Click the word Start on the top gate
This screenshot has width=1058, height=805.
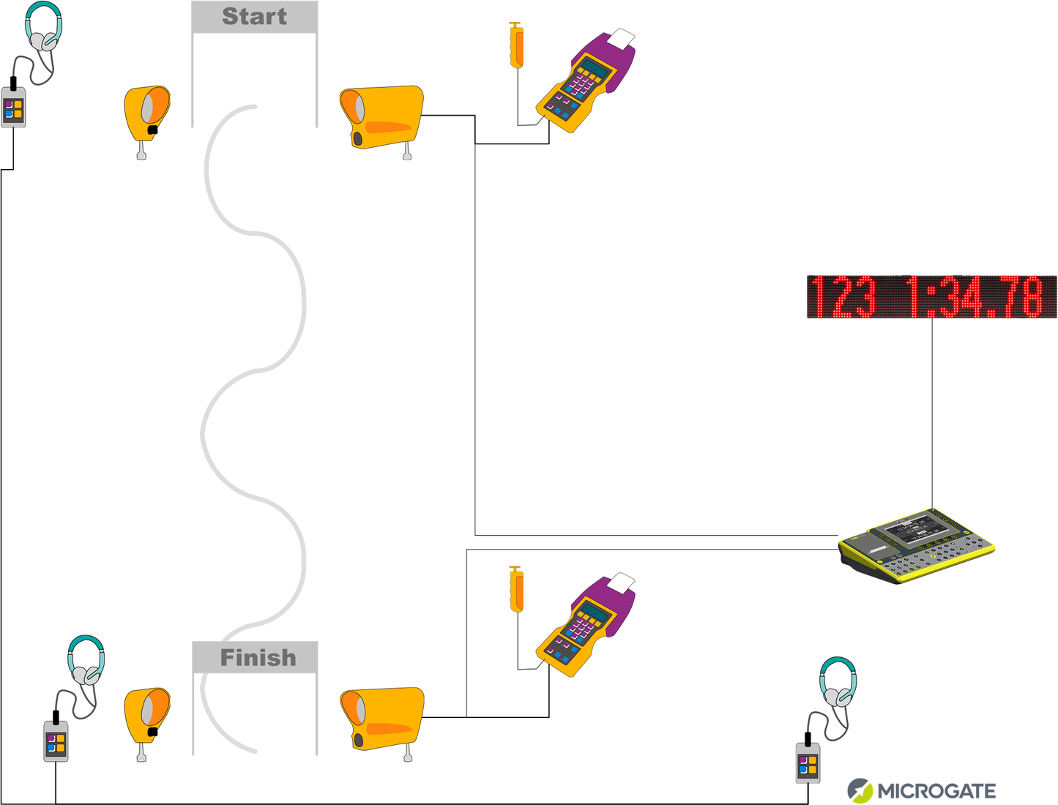254,16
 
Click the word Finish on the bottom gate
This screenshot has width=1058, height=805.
258,657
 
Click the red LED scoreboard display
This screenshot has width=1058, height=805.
931,297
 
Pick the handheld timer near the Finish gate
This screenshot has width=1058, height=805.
586,626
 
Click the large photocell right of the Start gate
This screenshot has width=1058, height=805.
381,118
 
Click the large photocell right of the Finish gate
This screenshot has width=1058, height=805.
381,719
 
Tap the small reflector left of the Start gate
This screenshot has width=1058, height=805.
146,113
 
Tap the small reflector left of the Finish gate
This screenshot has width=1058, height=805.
146,715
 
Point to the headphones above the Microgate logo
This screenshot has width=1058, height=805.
838,681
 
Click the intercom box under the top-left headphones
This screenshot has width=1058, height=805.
13,108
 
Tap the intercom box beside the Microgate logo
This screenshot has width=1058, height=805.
808,763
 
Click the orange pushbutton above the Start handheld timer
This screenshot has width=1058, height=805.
516,45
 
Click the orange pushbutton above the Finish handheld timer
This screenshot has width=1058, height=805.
516,589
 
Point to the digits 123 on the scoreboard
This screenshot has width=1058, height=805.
843,297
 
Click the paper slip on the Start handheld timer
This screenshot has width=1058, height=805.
622,38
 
